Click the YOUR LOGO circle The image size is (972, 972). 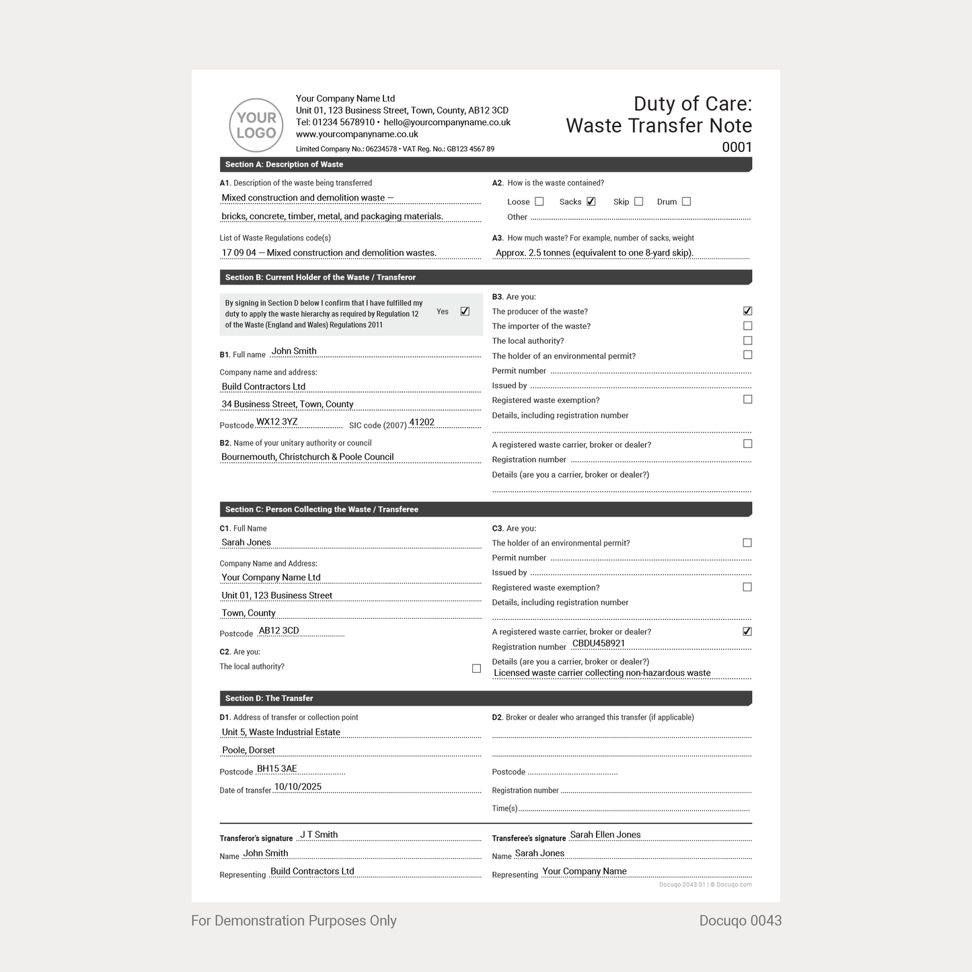(x=256, y=125)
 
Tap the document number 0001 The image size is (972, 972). (x=737, y=147)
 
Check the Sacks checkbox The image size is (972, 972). (x=591, y=201)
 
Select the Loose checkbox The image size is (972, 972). (x=539, y=202)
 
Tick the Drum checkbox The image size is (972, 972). (x=686, y=201)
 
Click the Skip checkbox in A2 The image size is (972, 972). (x=639, y=201)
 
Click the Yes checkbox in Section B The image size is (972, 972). (x=465, y=311)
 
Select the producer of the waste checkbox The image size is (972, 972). (x=747, y=311)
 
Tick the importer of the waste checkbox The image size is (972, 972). (x=747, y=326)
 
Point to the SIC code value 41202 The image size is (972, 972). (x=422, y=422)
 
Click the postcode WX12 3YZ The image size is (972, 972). (x=277, y=422)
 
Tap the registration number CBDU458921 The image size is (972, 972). (x=599, y=643)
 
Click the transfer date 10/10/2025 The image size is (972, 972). (x=298, y=786)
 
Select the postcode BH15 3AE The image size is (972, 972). (x=277, y=768)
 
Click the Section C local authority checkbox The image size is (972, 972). (x=476, y=669)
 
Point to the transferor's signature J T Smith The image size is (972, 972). (x=319, y=835)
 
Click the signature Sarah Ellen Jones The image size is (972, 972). (x=605, y=835)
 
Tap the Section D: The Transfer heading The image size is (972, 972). (x=269, y=698)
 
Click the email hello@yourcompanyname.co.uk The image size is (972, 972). (x=447, y=122)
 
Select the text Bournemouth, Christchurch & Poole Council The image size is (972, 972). (x=307, y=457)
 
